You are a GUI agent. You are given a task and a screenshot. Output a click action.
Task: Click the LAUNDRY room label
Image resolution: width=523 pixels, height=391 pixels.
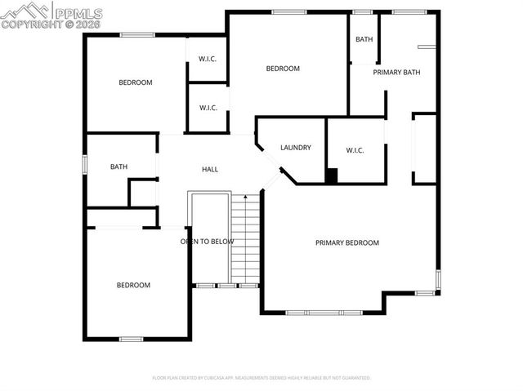pyautogui.click(x=295, y=148)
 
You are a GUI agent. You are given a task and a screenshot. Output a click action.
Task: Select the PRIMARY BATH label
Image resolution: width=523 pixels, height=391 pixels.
pyautogui.click(x=396, y=73)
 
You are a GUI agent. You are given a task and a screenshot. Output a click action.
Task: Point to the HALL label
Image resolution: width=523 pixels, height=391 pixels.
pyautogui.click(x=210, y=169)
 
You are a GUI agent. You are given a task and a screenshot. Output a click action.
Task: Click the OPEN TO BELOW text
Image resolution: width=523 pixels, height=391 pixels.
pyautogui.click(x=208, y=242)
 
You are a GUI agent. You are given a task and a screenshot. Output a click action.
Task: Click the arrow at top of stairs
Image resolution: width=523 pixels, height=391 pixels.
pyautogui.click(x=245, y=197)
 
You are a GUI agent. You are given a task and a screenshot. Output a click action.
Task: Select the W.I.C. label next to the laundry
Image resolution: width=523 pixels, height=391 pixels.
pyautogui.click(x=355, y=150)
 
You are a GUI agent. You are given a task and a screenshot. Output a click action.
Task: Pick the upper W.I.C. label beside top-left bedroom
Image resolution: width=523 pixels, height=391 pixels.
pyautogui.click(x=208, y=58)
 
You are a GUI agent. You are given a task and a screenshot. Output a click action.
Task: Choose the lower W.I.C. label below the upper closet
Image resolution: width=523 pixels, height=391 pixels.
pyautogui.click(x=208, y=108)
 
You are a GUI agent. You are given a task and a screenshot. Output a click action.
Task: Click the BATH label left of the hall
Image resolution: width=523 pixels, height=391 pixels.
pyautogui.click(x=119, y=167)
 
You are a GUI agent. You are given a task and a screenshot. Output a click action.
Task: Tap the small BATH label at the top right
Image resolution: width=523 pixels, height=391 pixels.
pyautogui.click(x=364, y=39)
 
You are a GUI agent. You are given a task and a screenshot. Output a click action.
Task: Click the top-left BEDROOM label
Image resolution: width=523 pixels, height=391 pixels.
pyautogui.click(x=135, y=82)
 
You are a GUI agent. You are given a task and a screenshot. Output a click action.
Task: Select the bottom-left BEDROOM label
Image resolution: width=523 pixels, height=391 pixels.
pyautogui.click(x=133, y=285)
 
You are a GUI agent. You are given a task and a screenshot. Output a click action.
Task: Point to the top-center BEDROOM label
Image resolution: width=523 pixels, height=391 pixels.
pyautogui.click(x=283, y=69)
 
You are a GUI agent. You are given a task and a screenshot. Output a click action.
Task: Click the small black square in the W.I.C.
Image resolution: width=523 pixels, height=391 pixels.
pyautogui.click(x=331, y=175)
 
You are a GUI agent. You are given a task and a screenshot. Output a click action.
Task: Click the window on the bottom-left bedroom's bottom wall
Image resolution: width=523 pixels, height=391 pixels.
pyautogui.click(x=131, y=339)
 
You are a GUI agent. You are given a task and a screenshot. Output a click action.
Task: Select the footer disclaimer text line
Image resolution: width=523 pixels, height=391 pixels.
pyautogui.click(x=261, y=378)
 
